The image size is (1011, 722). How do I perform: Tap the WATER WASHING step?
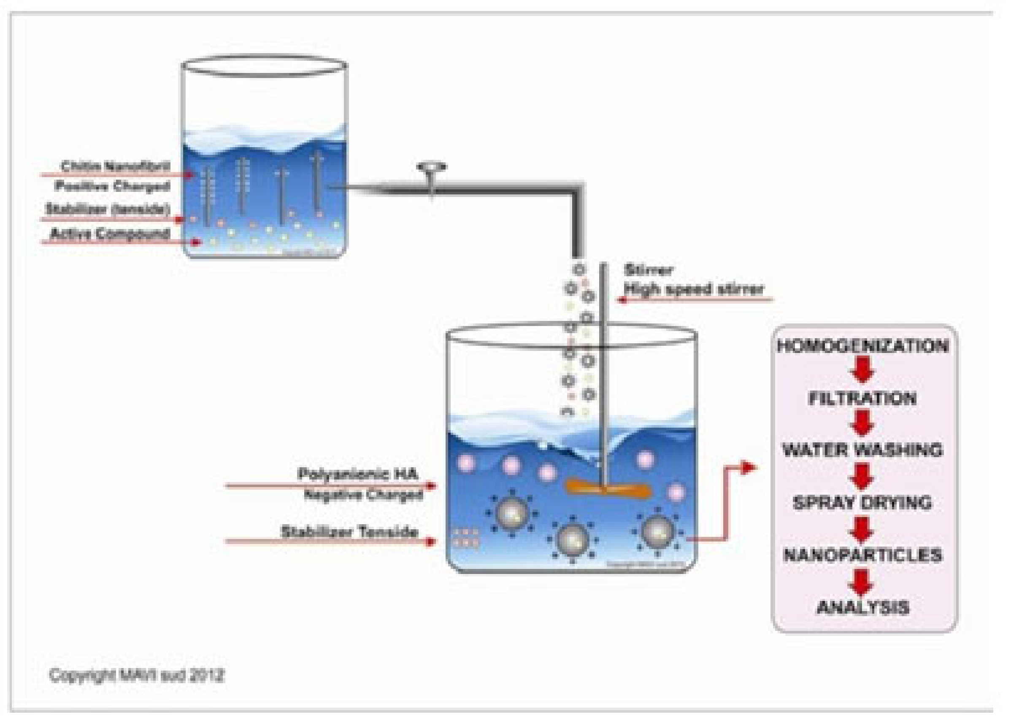862,450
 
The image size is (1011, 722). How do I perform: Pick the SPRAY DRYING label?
862,502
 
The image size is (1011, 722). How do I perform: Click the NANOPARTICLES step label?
862,555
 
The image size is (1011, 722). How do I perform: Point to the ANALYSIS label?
862,607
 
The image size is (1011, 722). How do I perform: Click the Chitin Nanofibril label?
115,167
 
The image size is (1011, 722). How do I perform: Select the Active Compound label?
110,233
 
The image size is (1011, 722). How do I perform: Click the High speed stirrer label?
694,289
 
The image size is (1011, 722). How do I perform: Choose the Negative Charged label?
363,494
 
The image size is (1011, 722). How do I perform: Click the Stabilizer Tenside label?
349,531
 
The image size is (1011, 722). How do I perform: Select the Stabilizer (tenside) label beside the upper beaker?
108,208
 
